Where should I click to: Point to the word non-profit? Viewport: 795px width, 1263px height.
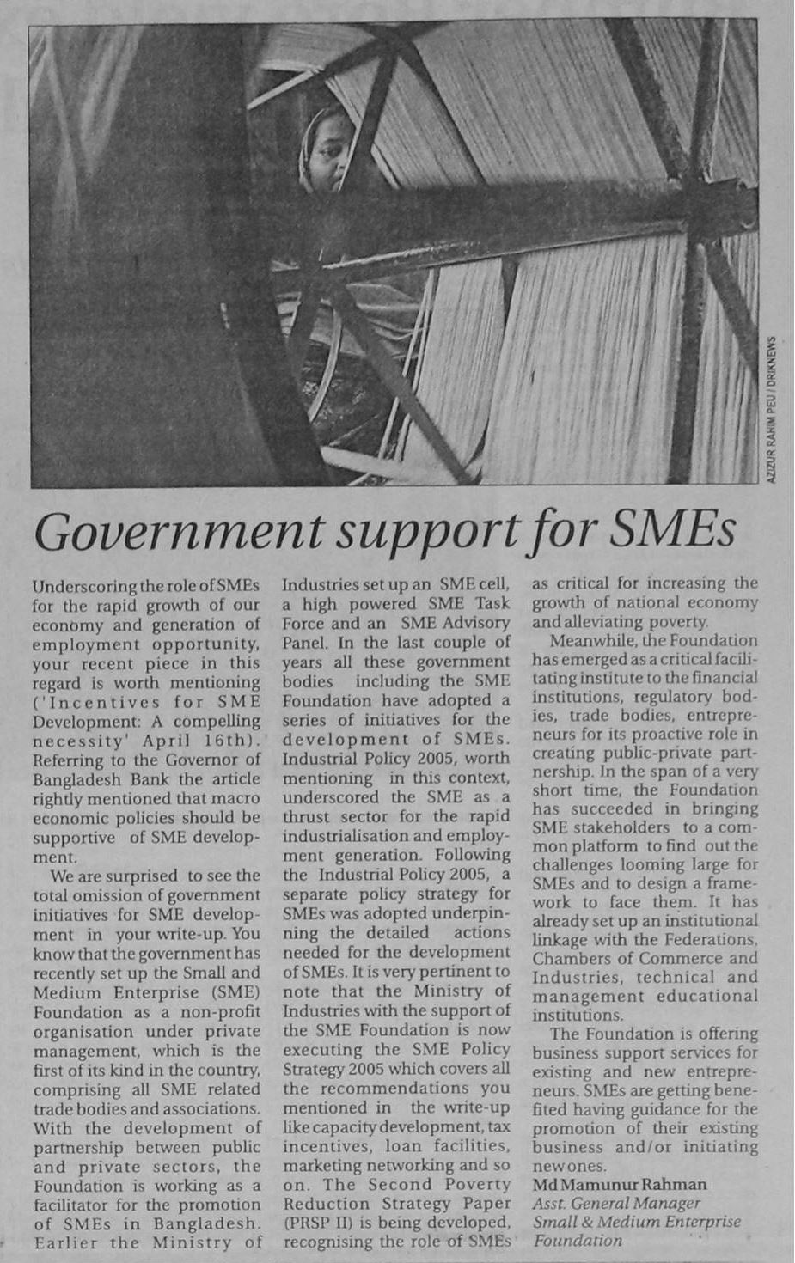[x=218, y=1012]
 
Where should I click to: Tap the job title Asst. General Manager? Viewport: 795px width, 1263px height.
[x=616, y=1204]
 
